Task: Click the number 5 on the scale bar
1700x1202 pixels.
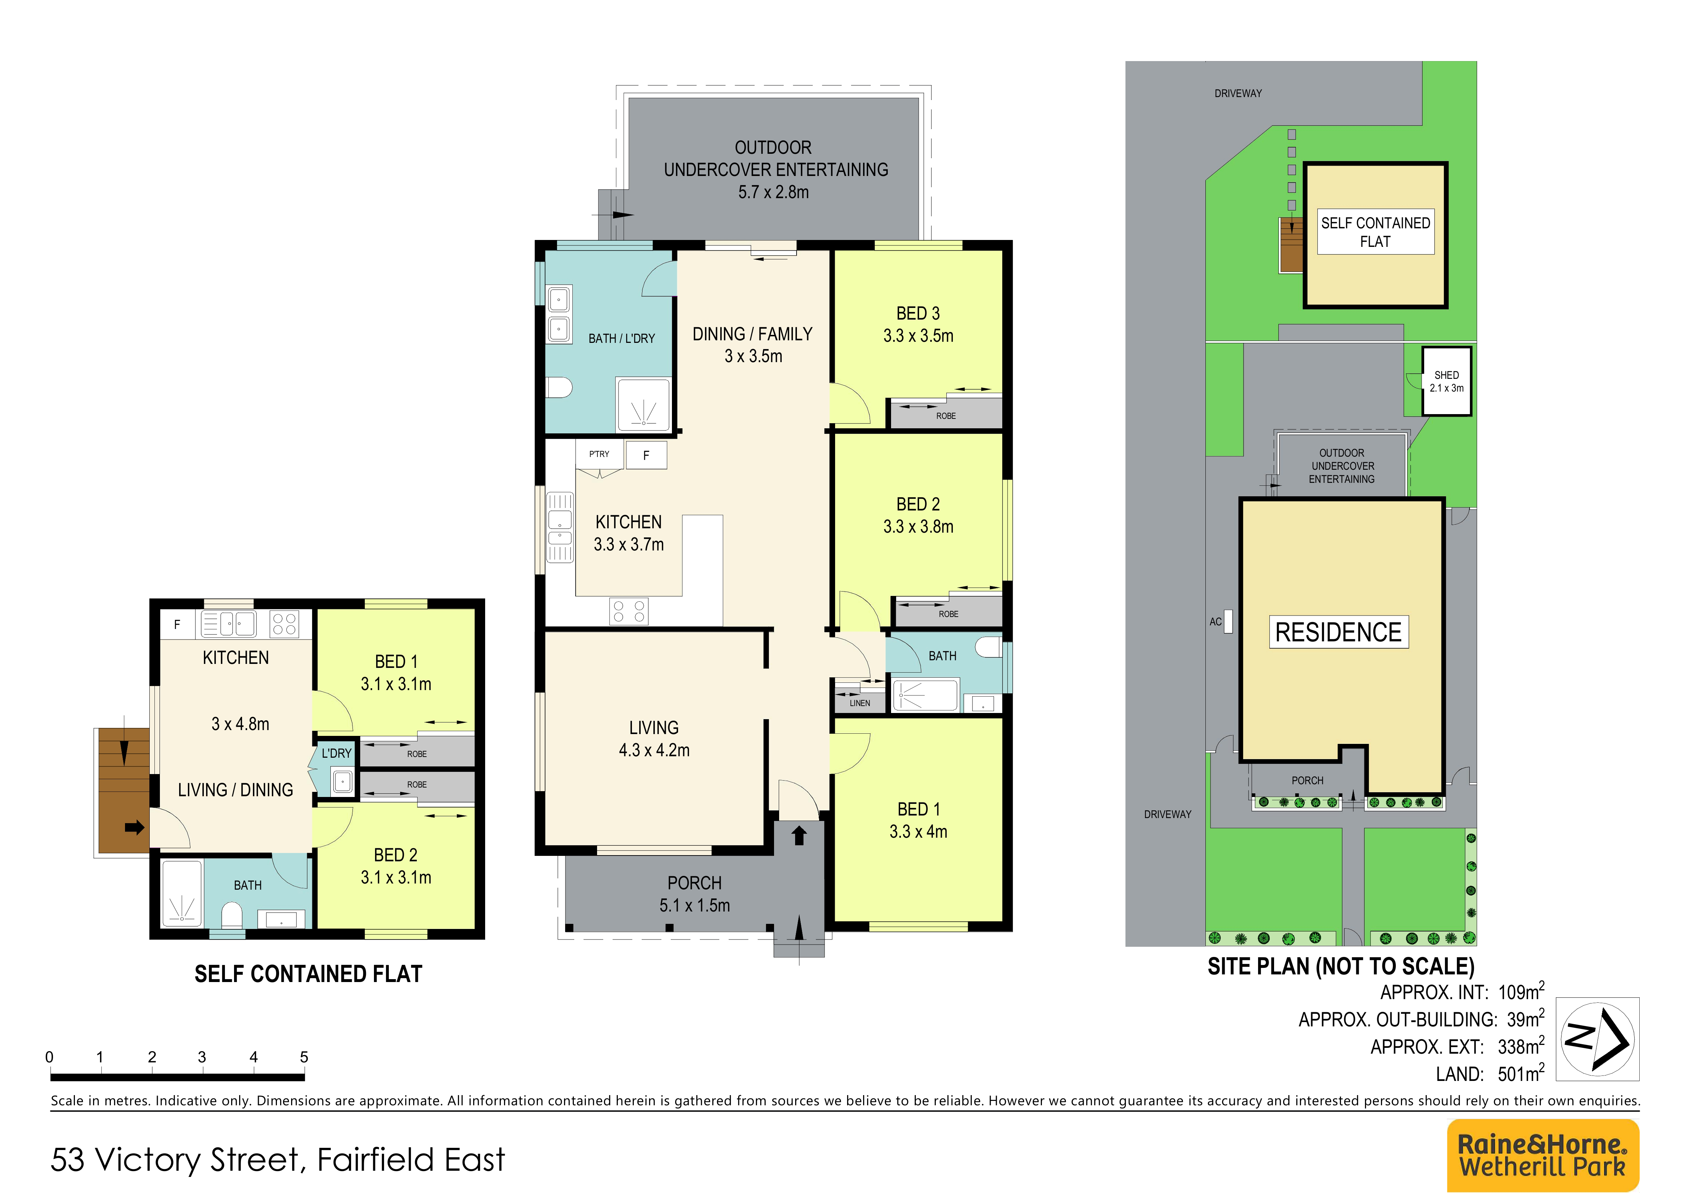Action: [303, 1057]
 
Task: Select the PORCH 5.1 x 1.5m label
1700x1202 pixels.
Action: [694, 894]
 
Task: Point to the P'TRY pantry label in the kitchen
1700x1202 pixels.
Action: [599, 454]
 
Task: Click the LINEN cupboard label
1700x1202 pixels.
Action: [859, 703]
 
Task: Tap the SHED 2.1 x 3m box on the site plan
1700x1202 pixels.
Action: [1446, 381]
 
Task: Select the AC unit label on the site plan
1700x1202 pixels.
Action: [1215, 621]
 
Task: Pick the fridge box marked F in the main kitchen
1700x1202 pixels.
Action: [646, 455]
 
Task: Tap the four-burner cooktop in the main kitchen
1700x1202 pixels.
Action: [629, 612]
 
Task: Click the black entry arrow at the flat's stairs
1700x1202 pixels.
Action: [134, 827]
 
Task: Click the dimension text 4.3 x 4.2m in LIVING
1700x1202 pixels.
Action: [654, 750]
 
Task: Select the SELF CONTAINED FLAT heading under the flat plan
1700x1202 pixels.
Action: [308, 974]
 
